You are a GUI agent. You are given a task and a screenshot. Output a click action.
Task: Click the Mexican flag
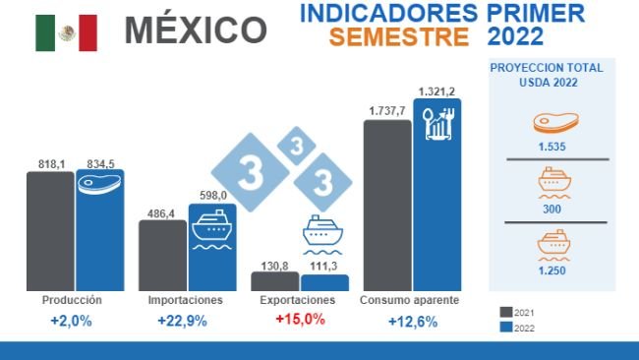click(x=66, y=32)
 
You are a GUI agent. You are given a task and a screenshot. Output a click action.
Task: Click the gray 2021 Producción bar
click(x=50, y=231)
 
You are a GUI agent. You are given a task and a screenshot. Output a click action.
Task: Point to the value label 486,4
click(x=162, y=212)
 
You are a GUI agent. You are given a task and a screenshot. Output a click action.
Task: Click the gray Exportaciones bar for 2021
click(x=274, y=281)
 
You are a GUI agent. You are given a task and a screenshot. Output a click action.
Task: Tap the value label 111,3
click(x=324, y=266)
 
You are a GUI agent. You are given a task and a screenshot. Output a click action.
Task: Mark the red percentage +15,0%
click(x=299, y=320)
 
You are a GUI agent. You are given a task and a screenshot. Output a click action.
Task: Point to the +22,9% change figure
click(x=185, y=321)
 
